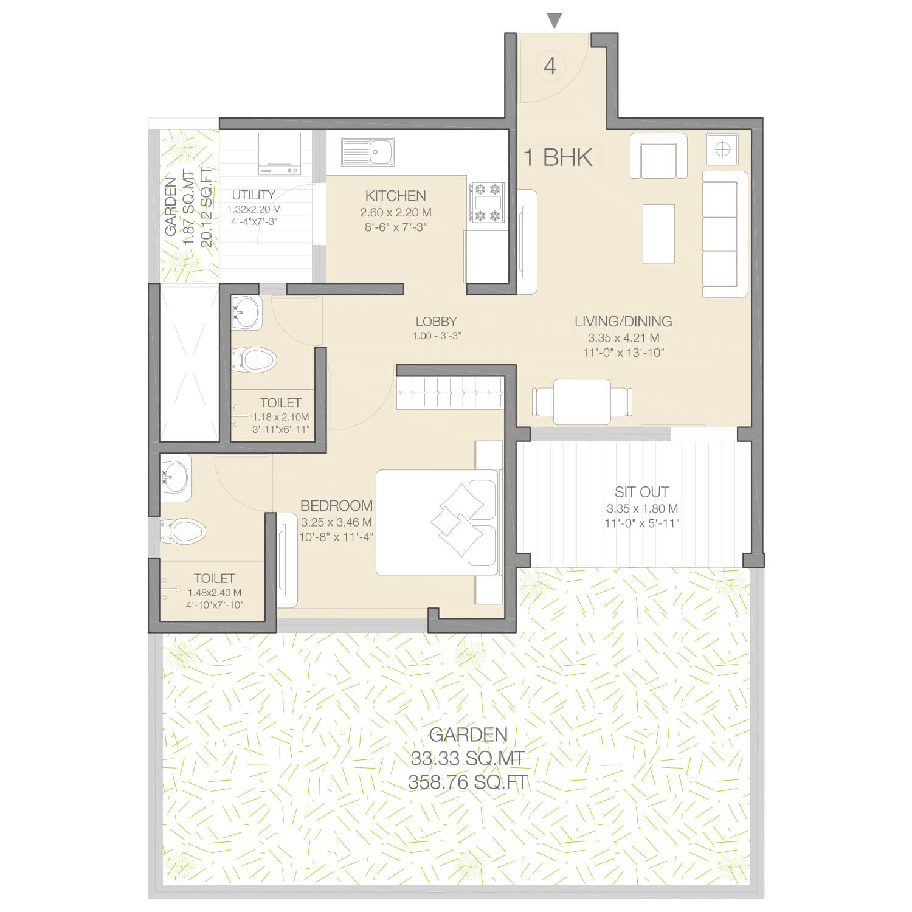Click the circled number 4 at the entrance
pyautogui.click(x=550, y=66)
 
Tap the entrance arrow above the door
pyautogui.click(x=554, y=21)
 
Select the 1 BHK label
pyautogui.click(x=558, y=157)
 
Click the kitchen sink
pyautogui.click(x=367, y=152)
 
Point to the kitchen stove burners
pyautogui.click(x=487, y=202)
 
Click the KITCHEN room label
pyautogui.click(x=395, y=196)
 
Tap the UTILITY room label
pyautogui.click(x=254, y=195)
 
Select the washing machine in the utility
pyautogui.click(x=280, y=154)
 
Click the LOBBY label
pyautogui.click(x=436, y=322)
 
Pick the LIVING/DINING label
pyautogui.click(x=623, y=321)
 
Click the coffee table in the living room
pyautogui.click(x=658, y=234)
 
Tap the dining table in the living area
pyautogui.click(x=582, y=402)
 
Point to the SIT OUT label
pyautogui.click(x=641, y=492)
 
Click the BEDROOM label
pyautogui.click(x=336, y=505)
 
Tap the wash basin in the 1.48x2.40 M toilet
pyautogui.click(x=175, y=477)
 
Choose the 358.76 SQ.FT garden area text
pyautogui.click(x=468, y=782)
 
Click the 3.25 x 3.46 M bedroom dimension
pyautogui.click(x=336, y=522)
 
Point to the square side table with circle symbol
pyautogui.click(x=722, y=149)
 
